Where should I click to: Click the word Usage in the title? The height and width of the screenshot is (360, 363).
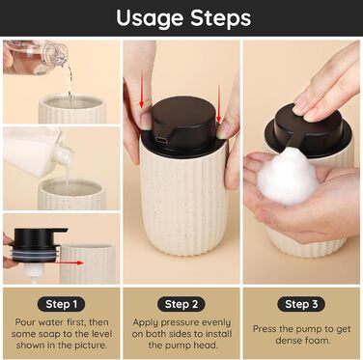pyautogui.click(x=150, y=18)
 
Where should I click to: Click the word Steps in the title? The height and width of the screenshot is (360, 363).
pyautogui.click(x=220, y=17)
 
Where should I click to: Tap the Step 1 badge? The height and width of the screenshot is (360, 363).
pyautogui.click(x=62, y=304)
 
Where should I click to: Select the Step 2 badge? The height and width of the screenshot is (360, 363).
pyautogui.click(x=181, y=304)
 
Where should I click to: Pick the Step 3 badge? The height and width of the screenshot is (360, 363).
pyautogui.click(x=301, y=304)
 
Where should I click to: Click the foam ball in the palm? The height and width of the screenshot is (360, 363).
pyautogui.click(x=286, y=177)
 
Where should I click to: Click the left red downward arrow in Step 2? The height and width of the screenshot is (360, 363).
pyautogui.click(x=142, y=89)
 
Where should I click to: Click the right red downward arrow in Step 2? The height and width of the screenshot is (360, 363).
pyautogui.click(x=219, y=104)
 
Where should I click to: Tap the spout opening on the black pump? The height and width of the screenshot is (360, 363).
pyautogui.click(x=160, y=140)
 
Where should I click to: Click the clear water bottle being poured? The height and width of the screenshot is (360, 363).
pyautogui.click(x=36, y=57)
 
